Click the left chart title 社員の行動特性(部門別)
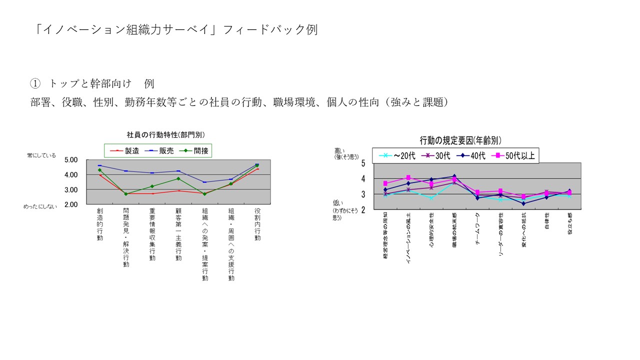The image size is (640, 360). coord(165,134)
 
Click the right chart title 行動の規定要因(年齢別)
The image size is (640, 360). coord(460,140)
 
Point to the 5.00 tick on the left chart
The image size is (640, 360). coord(71,160)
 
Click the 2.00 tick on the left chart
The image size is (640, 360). coord(71,204)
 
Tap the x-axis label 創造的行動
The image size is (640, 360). coord(100,224)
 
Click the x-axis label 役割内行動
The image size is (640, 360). coord(257,224)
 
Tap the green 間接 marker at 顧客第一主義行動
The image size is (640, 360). coord(178,178)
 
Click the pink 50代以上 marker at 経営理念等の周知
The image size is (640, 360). coord(385,183)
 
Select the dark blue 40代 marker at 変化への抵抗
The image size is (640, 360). coord(523,203)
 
